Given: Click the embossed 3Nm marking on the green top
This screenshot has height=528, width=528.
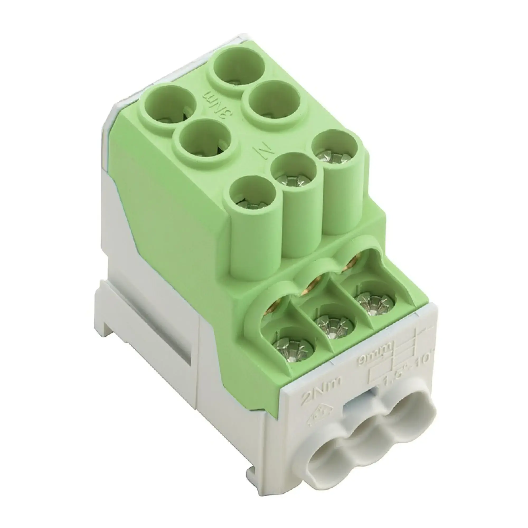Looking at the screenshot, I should tap(220, 106).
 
